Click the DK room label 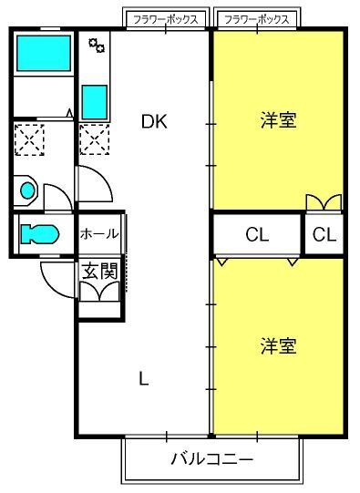click(x=154, y=121)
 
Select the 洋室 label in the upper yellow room click(x=279, y=119)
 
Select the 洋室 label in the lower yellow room click(x=279, y=345)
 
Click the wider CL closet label click(x=257, y=234)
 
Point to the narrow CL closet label click(x=324, y=234)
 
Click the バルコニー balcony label click(x=212, y=459)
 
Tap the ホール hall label click(x=99, y=233)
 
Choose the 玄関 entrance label click(x=99, y=272)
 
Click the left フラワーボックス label click(x=166, y=20)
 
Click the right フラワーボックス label click(x=257, y=20)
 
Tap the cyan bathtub click(x=44, y=53)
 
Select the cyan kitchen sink click(x=95, y=102)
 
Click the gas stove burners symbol click(x=97, y=46)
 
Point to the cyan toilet click(x=40, y=234)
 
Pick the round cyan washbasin click(x=27, y=190)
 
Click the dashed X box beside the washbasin click(x=29, y=139)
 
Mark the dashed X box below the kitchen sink click(x=95, y=139)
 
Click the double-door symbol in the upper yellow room click(x=324, y=202)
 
